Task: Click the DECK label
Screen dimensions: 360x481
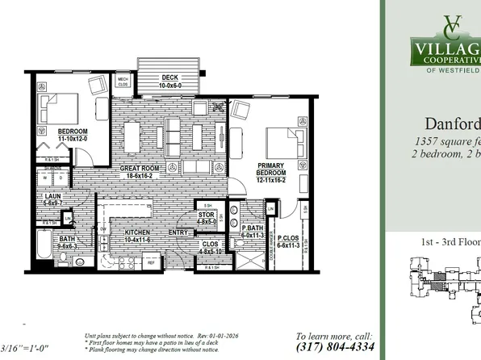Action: click(169, 77)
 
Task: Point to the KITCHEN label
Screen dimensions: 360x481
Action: click(136, 232)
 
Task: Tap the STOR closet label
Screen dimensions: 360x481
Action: click(207, 215)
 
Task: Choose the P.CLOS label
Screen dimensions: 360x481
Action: click(289, 239)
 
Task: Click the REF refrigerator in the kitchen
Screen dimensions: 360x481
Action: click(149, 262)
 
